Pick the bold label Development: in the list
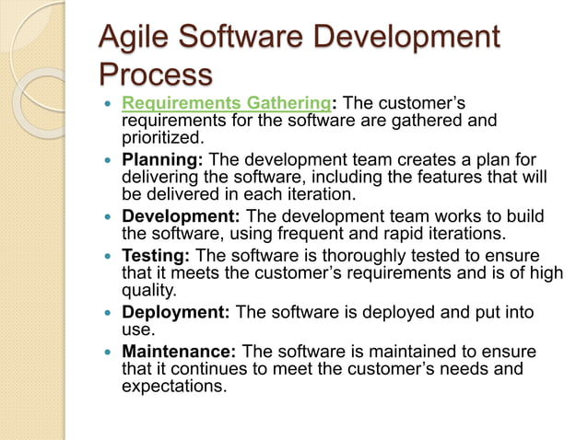(x=181, y=215)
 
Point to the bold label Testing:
(x=159, y=255)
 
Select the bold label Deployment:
(x=176, y=312)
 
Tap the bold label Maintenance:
(x=180, y=352)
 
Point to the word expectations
(x=172, y=386)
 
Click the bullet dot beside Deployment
(x=110, y=313)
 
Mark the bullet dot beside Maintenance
(x=110, y=353)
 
